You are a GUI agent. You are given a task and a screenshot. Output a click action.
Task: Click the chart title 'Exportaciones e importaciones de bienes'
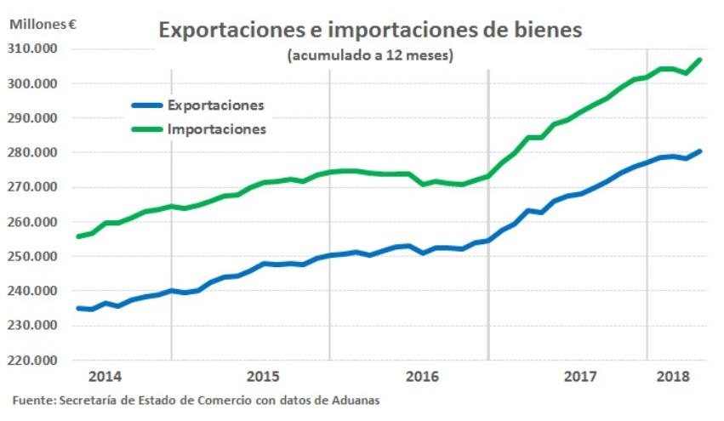[370, 30]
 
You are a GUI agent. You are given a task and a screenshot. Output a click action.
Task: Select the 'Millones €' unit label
[43, 24]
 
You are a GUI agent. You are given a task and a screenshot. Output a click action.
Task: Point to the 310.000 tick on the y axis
[34, 48]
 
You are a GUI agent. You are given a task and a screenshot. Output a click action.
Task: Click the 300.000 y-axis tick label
[34, 83]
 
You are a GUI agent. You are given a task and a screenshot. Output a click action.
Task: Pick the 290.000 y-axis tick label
[34, 118]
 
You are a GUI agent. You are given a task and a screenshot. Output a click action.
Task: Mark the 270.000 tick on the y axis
[34, 187]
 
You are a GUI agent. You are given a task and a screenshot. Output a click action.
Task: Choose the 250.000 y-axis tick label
[34, 256]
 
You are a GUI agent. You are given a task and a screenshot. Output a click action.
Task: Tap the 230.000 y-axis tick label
[34, 325]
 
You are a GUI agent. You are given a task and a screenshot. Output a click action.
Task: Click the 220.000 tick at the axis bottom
[34, 360]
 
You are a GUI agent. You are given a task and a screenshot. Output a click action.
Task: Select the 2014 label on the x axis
[105, 376]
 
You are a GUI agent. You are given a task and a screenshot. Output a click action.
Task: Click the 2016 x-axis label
[422, 376]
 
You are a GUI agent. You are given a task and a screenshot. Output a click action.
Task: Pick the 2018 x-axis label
[674, 376]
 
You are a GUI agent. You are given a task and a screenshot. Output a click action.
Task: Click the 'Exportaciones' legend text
[216, 105]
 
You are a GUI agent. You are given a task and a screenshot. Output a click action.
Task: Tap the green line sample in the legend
[145, 129]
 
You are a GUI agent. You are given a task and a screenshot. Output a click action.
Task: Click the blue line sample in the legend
[145, 105]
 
